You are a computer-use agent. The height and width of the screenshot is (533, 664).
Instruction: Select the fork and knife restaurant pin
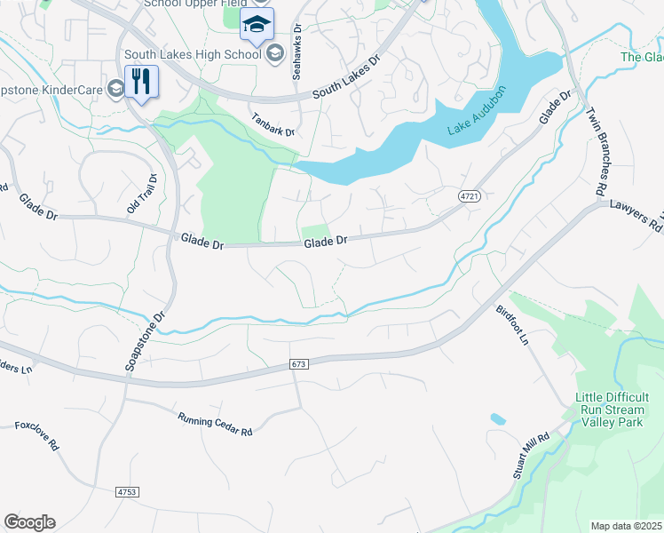141,82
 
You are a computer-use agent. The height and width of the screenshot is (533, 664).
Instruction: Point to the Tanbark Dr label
272,124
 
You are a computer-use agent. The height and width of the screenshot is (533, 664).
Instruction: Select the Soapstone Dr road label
146,342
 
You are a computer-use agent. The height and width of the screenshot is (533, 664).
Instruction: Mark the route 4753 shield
128,490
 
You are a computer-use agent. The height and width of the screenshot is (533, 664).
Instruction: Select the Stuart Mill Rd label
532,457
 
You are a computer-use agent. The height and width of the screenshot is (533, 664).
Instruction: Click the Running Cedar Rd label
215,425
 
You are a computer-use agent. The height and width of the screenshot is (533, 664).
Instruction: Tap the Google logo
29,522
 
